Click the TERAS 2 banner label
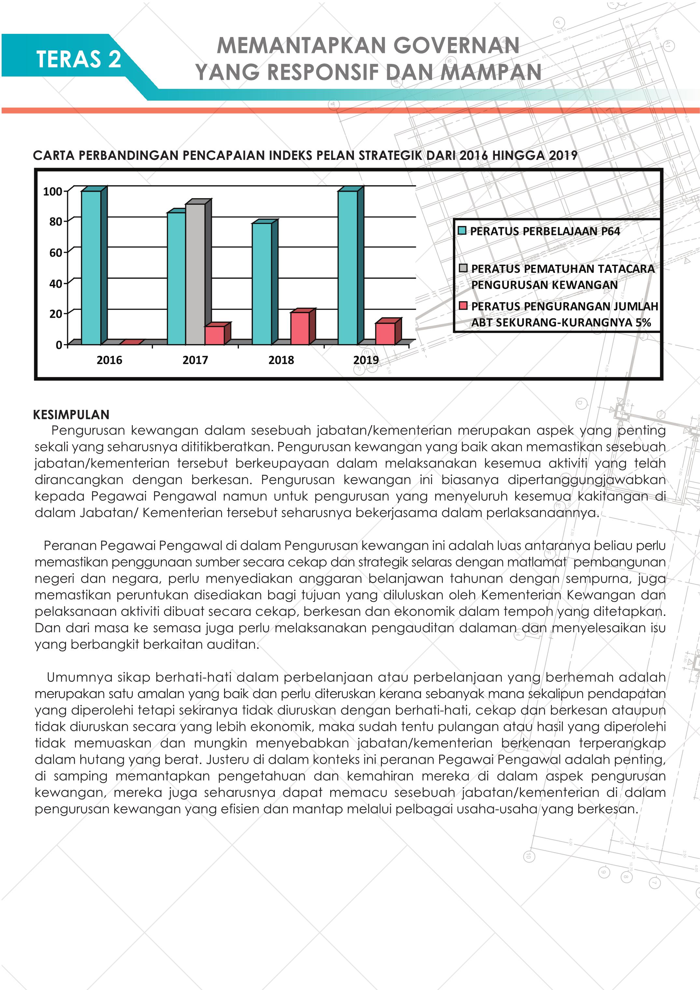click(78, 59)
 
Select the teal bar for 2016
click(91, 267)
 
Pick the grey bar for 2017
click(195, 274)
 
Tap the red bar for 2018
click(300, 328)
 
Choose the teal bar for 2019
click(348, 267)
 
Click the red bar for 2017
click(214, 335)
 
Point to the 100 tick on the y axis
click(53, 191)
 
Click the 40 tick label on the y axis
click(56, 284)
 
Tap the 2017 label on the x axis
click(195, 360)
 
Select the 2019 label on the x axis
click(366, 360)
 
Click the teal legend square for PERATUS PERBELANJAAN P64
click(462, 231)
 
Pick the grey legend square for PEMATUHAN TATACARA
click(463, 268)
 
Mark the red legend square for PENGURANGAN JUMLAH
click(463, 306)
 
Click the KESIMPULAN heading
click(71, 415)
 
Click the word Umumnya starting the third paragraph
click(79, 677)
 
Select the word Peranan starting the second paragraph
click(70, 545)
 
